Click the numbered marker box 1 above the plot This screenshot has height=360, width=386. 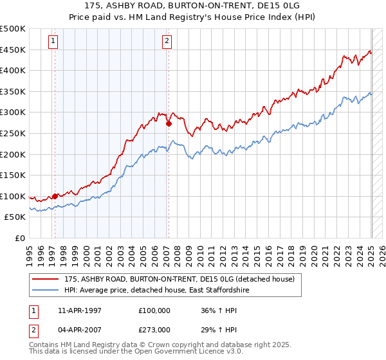coord(53,42)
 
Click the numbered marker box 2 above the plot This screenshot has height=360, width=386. coord(167,42)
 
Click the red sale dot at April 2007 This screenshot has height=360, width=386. coord(168,124)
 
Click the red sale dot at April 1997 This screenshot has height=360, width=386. coord(55,196)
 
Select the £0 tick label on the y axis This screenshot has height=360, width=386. coord(20,238)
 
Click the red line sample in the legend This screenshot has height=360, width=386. coord(47,279)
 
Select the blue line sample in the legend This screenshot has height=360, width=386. coord(47,291)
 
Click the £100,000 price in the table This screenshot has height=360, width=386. coord(155,310)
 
